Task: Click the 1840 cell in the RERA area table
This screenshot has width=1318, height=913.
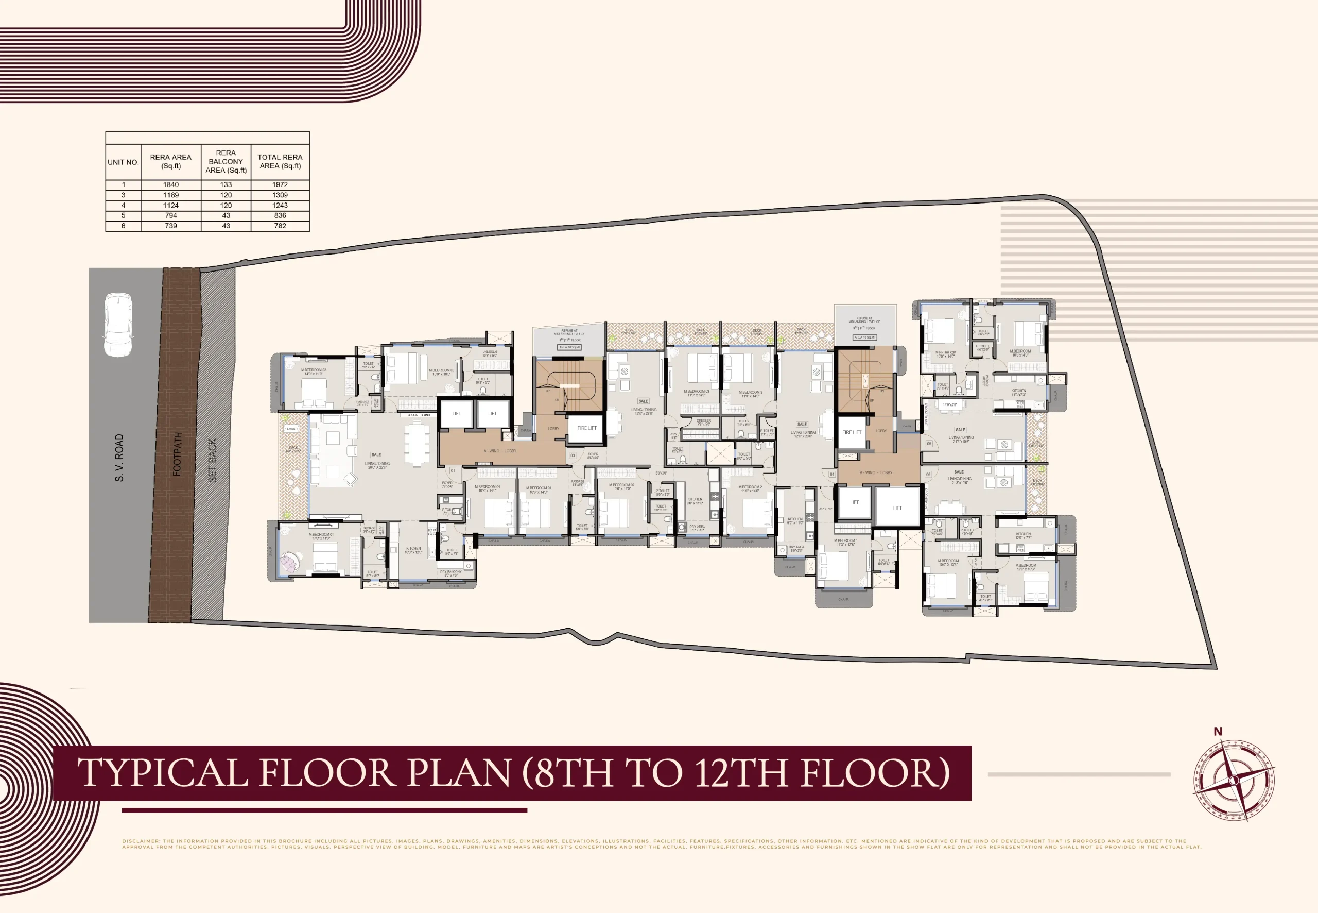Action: tap(170, 185)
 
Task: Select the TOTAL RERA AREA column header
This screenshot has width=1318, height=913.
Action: tap(280, 161)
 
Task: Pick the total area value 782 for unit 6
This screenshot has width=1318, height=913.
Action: tap(280, 226)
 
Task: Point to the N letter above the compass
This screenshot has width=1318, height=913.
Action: tap(1218, 731)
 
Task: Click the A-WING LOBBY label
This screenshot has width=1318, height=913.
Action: tap(499, 451)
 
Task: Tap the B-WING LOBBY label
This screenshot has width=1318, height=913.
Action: tap(876, 472)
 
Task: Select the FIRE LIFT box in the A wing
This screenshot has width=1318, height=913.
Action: tap(586, 428)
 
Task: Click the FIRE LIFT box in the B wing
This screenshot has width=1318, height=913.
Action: tap(851, 432)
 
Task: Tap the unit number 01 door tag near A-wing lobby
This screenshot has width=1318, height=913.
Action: tap(453, 470)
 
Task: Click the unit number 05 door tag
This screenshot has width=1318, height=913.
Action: tap(929, 443)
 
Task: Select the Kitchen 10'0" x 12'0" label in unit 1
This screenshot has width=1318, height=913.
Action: tap(413, 550)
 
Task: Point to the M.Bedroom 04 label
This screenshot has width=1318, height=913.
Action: tap(487, 488)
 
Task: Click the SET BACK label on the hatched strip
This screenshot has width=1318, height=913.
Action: tap(213, 461)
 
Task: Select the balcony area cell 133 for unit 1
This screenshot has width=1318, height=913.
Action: tap(226, 185)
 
